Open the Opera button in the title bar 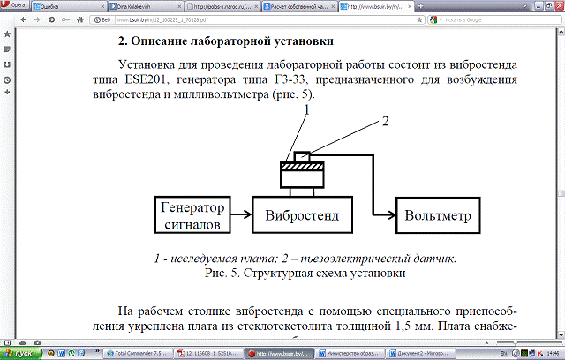(12, 5)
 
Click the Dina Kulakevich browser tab (139, 5)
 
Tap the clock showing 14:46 (552, 353)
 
